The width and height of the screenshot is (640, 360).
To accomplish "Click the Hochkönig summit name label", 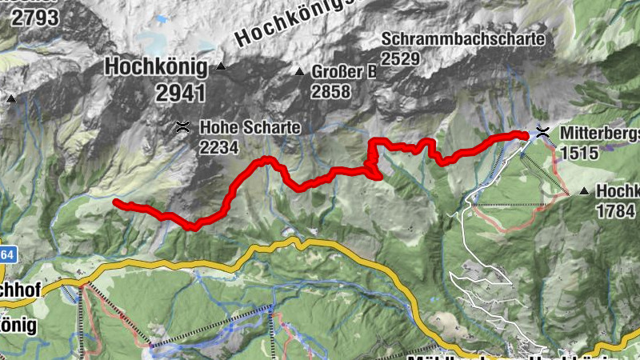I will point(156,66).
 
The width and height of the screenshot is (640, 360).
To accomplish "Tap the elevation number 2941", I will point(180,92).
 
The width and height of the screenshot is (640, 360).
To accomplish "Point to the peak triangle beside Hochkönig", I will point(220,66).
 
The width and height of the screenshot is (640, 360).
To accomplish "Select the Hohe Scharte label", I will point(238,126).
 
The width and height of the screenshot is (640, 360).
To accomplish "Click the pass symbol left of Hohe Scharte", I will point(183,126).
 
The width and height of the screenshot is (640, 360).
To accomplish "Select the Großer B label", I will point(344,72).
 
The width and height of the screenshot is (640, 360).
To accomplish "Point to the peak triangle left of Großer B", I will point(299,72).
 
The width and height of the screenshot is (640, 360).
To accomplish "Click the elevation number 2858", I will point(331,91).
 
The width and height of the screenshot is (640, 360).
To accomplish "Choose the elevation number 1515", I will point(579,152).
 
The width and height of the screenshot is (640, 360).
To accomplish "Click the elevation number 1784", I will point(615,210).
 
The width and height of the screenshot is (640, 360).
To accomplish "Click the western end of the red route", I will point(117,203).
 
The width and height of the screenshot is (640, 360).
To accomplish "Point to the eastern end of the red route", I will point(525,135).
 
